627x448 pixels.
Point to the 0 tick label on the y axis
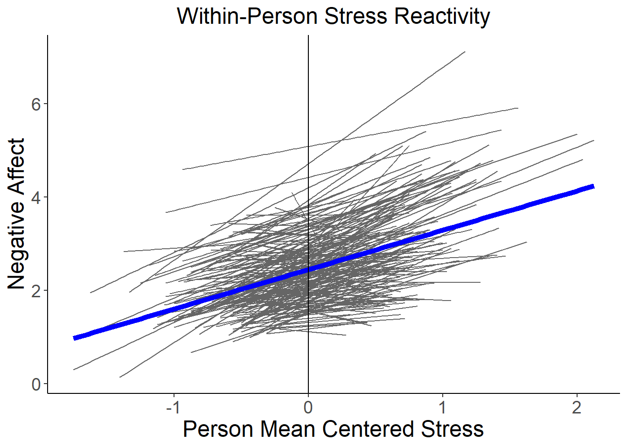pos(36,385)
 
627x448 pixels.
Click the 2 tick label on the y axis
pos(36,291)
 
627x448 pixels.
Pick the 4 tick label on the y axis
pos(36,197)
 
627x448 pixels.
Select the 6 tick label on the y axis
pos(36,104)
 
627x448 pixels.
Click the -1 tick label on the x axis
pos(174,408)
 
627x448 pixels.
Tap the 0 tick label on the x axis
pos(308,408)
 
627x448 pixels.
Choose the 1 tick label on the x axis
pos(442,408)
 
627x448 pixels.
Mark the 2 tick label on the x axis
pos(577,408)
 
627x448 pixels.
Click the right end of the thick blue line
pos(593,187)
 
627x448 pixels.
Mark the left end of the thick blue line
pos(75,338)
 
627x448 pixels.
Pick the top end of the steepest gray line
pos(465,52)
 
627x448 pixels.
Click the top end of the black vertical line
pos(308,36)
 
